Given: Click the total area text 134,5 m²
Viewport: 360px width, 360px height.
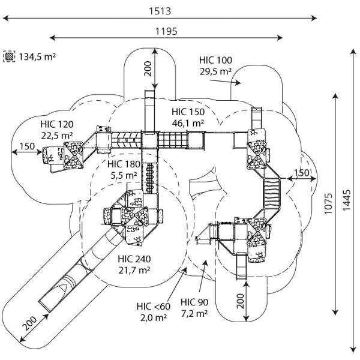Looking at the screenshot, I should tap(37, 57).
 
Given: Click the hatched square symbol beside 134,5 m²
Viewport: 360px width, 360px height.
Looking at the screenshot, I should tap(9, 57).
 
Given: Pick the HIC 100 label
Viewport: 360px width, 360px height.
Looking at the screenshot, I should tap(215, 60).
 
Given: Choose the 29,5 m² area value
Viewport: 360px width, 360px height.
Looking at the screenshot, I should tap(215, 71).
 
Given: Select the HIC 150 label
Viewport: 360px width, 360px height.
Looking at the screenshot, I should tap(188, 112).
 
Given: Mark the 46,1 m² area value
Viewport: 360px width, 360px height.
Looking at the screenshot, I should tap(188, 122).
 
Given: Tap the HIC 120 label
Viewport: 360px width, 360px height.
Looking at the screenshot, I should tap(57, 124).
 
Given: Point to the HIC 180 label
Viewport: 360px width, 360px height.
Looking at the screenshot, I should tap(124, 164).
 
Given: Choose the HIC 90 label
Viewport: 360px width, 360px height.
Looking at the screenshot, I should tap(194, 302).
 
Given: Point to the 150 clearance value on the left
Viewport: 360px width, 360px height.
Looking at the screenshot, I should tap(26, 146).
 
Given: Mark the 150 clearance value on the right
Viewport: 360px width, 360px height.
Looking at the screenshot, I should tap(301, 173).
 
